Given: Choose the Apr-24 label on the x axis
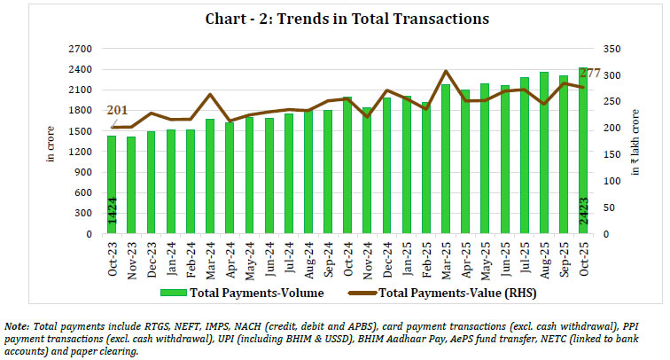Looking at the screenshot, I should pyautogui.click(x=230, y=255).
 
